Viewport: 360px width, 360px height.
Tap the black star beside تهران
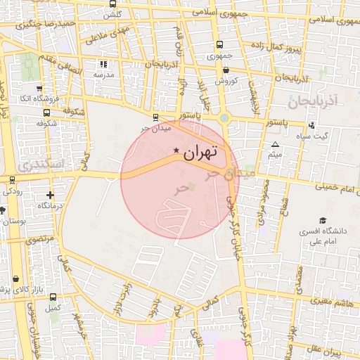tap(176, 150)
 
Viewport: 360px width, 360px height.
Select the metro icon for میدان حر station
tap(155, 118)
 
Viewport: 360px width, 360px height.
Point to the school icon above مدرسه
tap(104, 64)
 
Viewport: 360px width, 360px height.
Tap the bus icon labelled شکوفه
tap(46, 112)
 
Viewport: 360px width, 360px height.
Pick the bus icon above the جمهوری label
tap(219, 44)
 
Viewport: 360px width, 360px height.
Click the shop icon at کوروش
tap(226, 70)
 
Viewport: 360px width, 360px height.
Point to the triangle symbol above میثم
tap(275, 144)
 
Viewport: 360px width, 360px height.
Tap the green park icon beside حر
tap(192, 186)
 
